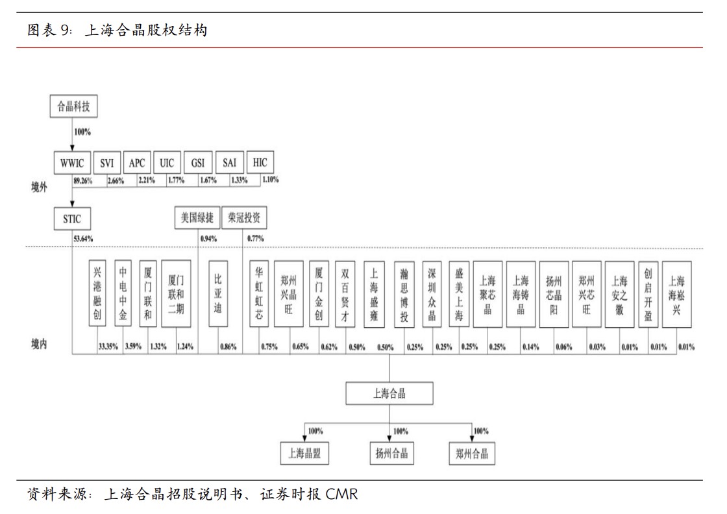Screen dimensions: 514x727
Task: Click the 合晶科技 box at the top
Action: (x=74, y=106)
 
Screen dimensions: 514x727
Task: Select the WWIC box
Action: (x=72, y=163)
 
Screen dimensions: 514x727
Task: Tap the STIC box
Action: (x=72, y=218)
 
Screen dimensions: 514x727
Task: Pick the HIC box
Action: (x=260, y=163)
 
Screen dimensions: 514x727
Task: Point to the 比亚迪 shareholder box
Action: (x=218, y=294)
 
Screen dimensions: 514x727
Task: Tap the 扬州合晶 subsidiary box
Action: (x=393, y=452)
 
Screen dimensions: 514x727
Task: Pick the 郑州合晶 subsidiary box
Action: (x=472, y=453)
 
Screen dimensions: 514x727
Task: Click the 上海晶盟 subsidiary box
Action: (x=304, y=453)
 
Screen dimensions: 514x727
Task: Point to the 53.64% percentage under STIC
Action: (x=82, y=238)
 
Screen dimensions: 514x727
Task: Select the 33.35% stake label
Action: (x=108, y=347)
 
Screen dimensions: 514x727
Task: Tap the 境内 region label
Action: (x=39, y=343)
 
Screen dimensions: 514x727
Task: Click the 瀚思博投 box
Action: (x=404, y=294)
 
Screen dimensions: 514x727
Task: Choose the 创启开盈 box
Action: (x=647, y=294)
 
